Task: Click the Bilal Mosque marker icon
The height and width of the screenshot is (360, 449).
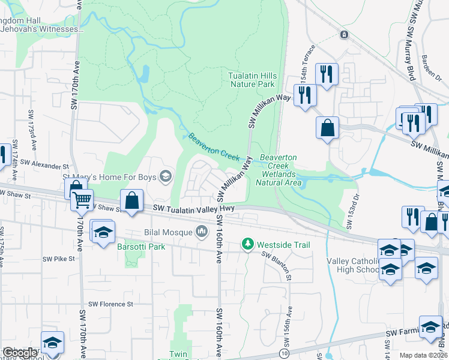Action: click(x=202, y=231)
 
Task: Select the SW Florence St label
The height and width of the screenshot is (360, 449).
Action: click(x=110, y=304)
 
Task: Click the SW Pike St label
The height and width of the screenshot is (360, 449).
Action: click(x=58, y=259)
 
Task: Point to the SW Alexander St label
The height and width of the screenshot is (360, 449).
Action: click(x=45, y=164)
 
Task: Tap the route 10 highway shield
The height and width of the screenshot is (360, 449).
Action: click(x=283, y=354)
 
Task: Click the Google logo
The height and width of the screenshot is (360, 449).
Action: click(x=20, y=353)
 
